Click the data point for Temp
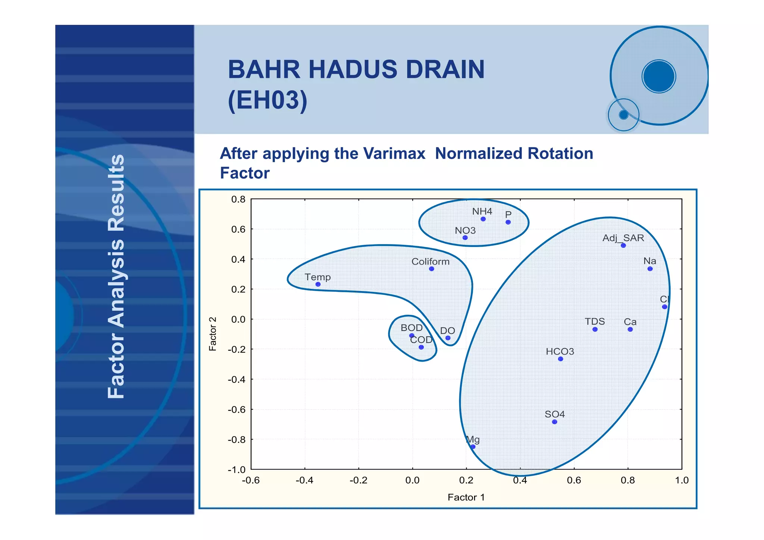[x=318, y=284]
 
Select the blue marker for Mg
[x=473, y=447]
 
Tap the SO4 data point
[x=554, y=422]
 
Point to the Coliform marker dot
[x=431, y=269]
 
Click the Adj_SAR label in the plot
[x=623, y=238]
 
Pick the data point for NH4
[x=483, y=219]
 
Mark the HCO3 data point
[x=560, y=359]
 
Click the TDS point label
[x=595, y=321]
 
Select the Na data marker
[x=650, y=269]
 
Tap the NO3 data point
[x=465, y=238]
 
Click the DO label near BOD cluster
[x=447, y=331]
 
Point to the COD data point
[x=421, y=347]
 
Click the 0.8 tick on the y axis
[x=238, y=199]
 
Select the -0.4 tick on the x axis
[x=304, y=480]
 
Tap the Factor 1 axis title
[x=466, y=497]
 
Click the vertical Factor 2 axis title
[x=213, y=334]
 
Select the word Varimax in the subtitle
[x=394, y=153]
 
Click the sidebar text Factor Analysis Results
[x=116, y=276]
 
